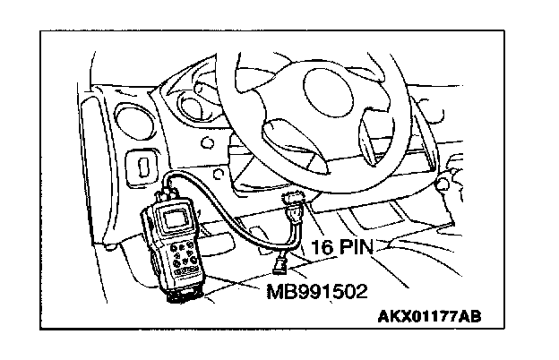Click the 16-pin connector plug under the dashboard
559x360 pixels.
click(293, 207)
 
